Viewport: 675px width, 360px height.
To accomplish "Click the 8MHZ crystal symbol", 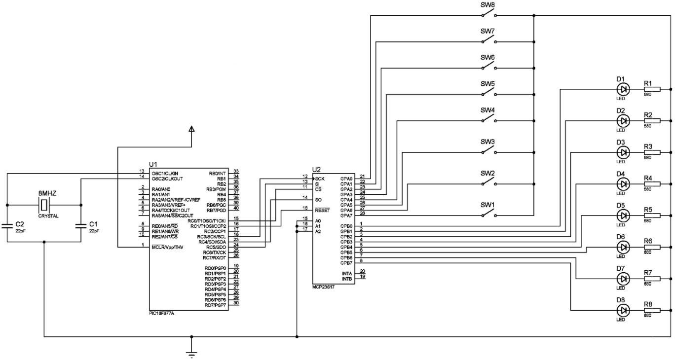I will tap(44, 204).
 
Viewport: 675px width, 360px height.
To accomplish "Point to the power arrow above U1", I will tap(192, 129).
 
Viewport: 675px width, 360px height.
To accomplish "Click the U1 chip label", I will tap(153, 164).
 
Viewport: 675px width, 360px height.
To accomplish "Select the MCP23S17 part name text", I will tap(323, 286).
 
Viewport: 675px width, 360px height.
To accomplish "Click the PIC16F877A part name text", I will tap(162, 313).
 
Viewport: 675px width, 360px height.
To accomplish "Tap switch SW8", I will tap(488, 14).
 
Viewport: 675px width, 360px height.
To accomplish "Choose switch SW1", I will tap(488, 215).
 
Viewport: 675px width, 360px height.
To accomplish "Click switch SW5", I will tap(488, 93).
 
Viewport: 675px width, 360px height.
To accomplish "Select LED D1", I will tap(623, 89).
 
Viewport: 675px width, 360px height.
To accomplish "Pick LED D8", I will tap(623, 310).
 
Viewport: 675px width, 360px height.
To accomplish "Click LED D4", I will tap(623, 184).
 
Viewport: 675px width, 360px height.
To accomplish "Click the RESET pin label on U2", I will tap(322, 210).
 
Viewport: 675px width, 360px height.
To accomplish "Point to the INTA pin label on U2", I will tap(347, 273).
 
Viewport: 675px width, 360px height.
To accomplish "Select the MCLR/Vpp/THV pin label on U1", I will tap(168, 247).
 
